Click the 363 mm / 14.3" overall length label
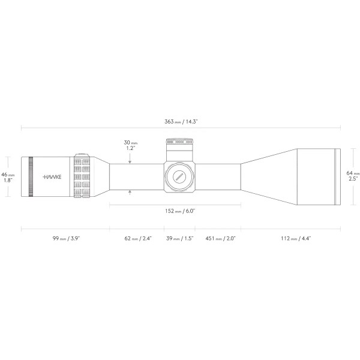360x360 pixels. pyautogui.click(x=181, y=121)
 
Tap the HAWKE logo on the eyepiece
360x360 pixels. pyautogui.click(x=52, y=177)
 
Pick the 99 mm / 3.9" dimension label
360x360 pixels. pyautogui.click(x=65, y=239)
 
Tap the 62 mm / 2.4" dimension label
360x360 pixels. pyautogui.click(x=137, y=239)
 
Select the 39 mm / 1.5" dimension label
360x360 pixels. pyautogui.click(x=181, y=239)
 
